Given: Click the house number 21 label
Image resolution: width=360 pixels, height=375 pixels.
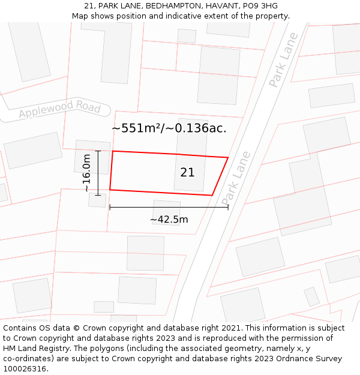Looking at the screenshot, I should coord(187,172).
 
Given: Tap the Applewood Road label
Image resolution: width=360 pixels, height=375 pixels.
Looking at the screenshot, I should coord(59,109).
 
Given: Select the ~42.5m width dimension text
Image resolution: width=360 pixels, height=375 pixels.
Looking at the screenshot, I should coord(169,220).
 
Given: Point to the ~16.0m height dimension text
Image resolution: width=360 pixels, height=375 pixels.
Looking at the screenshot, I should coord(87,173).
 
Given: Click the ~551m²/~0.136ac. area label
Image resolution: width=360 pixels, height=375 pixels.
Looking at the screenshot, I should coord(169,128).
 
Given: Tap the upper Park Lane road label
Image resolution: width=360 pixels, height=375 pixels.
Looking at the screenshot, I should coord(283,60).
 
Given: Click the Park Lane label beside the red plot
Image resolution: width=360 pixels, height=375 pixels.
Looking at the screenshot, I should coord(235,177).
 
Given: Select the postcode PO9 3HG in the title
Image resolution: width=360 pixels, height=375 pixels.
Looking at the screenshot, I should coord(260,6).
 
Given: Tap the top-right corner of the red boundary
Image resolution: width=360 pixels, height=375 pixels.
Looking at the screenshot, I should coord(228,158).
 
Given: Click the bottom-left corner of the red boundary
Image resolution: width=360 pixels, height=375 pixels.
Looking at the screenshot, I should coord(110,190).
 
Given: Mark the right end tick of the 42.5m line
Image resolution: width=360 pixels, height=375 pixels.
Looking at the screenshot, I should coord(228,207).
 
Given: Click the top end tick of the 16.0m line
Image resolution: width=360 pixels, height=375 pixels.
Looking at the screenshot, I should coord(98,151).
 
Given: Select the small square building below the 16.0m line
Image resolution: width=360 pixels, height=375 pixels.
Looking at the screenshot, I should coord(97,200).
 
